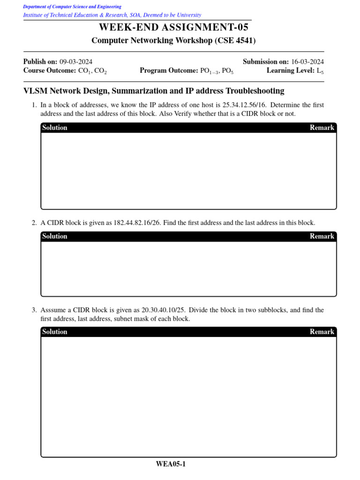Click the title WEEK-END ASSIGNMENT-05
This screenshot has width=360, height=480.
point(173,28)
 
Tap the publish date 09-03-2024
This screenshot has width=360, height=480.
point(76,62)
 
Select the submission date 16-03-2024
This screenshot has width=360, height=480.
point(307,62)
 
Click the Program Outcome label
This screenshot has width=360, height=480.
point(169,71)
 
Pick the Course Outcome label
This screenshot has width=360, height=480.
point(49,71)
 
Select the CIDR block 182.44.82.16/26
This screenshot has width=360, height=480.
point(137,223)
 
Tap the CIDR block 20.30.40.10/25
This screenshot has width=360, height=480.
point(165,310)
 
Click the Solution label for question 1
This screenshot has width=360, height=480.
point(55,127)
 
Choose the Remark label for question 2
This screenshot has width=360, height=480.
point(322,236)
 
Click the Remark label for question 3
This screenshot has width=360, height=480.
point(322,332)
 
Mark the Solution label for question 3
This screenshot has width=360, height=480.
point(55,332)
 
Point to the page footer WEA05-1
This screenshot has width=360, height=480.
point(171,465)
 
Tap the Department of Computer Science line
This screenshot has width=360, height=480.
point(72,7)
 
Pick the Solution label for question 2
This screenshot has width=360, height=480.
point(55,236)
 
